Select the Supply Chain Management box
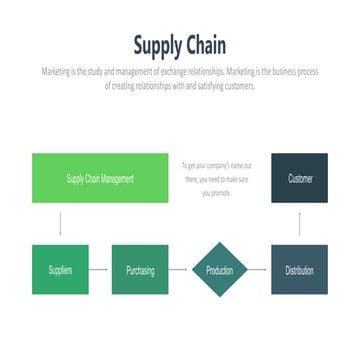point(100,178)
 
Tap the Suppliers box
point(60,270)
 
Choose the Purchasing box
point(140,270)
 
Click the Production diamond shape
point(219,270)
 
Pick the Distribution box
point(299,270)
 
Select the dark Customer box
point(299,178)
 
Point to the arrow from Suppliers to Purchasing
point(100,270)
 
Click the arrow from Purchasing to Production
point(178,270)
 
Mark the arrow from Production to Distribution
point(259,270)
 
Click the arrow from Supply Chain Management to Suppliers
point(60,224)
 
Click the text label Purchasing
point(140,271)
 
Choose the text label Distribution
point(299,271)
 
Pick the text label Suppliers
point(60,271)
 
